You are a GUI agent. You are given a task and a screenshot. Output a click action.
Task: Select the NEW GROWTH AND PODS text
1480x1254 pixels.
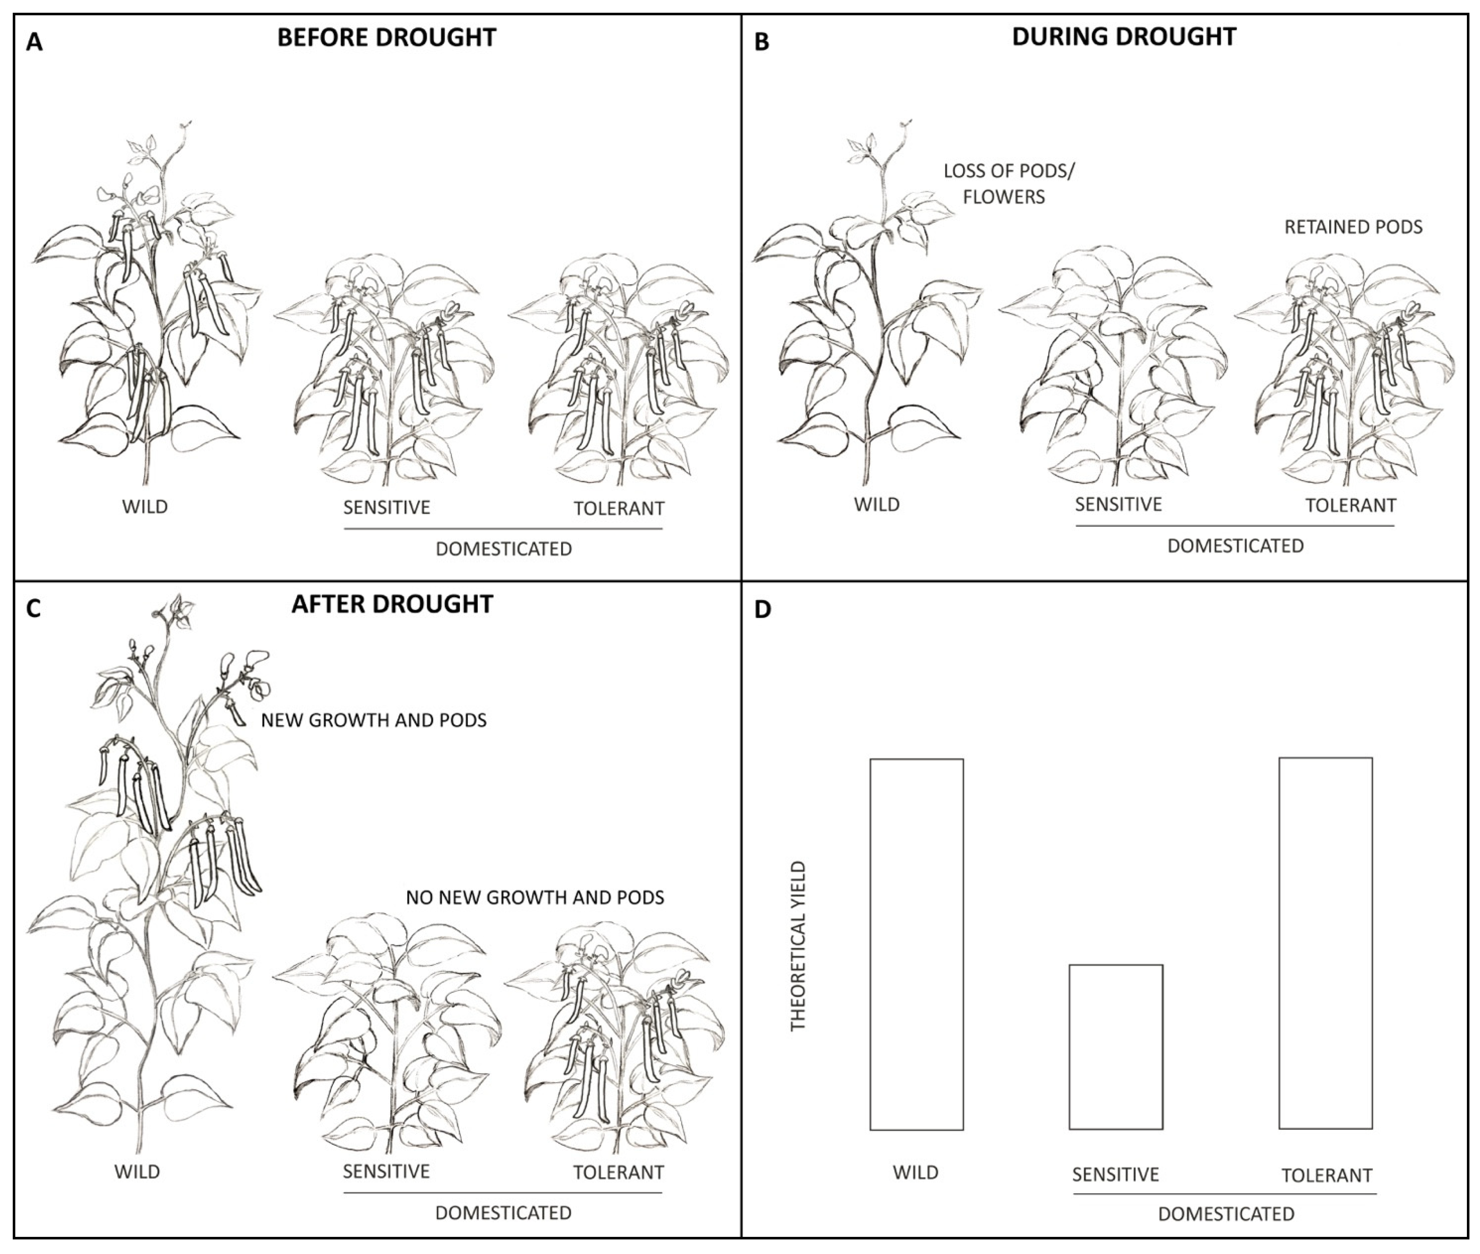click(x=374, y=720)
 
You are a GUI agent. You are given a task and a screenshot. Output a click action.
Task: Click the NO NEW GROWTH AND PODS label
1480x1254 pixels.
click(x=535, y=898)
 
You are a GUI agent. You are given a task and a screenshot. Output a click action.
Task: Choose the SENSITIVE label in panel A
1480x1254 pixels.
click(x=387, y=508)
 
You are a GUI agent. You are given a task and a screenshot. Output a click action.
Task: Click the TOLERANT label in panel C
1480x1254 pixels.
click(x=618, y=1172)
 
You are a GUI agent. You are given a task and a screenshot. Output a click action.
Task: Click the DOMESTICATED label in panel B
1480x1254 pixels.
click(x=1236, y=546)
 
